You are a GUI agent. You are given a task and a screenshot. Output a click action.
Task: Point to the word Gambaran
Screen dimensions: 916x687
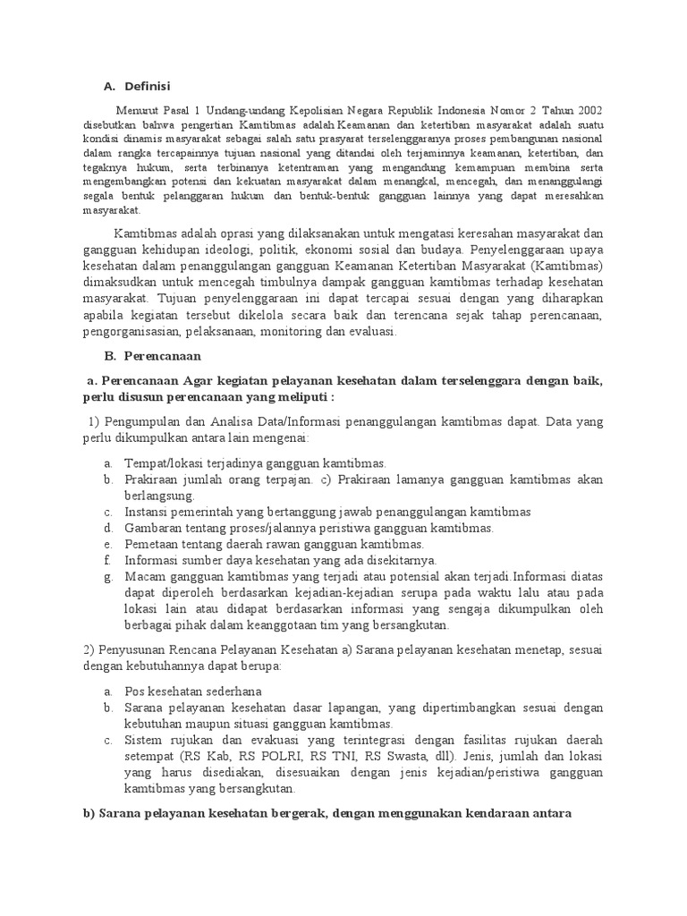[155, 528]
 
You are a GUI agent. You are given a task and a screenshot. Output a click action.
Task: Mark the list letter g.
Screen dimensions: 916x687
[106, 577]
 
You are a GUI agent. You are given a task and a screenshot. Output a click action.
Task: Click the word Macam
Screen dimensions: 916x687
[145, 577]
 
